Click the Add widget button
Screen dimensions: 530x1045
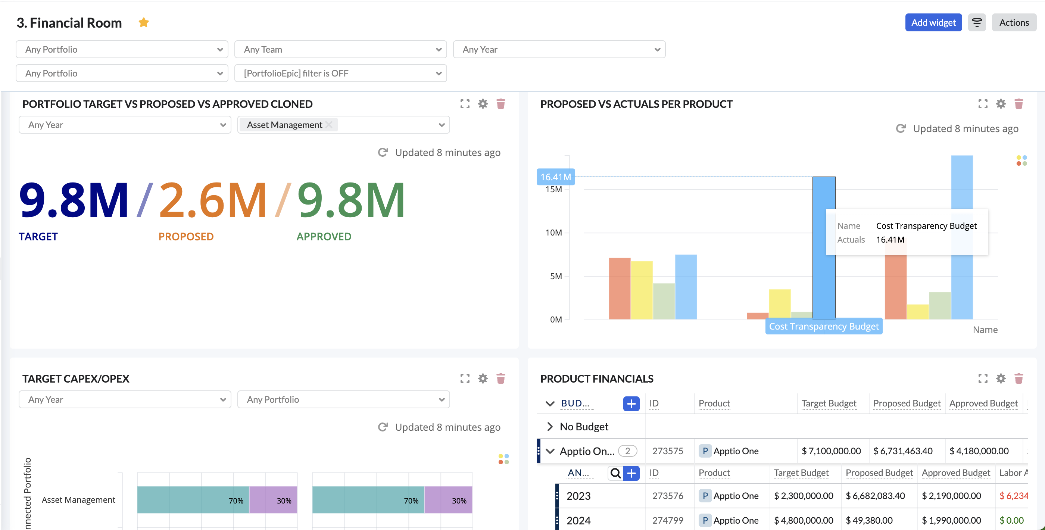pyautogui.click(x=933, y=22)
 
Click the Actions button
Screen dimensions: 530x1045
pyautogui.click(x=1013, y=22)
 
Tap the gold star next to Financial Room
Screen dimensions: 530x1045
pyautogui.click(x=144, y=22)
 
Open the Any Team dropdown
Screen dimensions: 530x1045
pyautogui.click(x=340, y=49)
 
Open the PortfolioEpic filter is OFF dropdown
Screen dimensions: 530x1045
pyautogui.click(x=340, y=73)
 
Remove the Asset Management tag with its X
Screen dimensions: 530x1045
pyautogui.click(x=329, y=125)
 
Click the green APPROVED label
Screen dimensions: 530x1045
pyautogui.click(x=324, y=237)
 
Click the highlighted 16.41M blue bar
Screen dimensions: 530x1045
pyautogui.click(x=824, y=247)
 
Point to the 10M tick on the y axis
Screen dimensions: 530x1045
pyautogui.click(x=553, y=233)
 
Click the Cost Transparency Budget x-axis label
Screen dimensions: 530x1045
pyautogui.click(x=824, y=326)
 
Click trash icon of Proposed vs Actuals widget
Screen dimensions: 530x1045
pyautogui.click(x=1018, y=104)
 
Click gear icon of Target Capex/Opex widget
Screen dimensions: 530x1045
pyautogui.click(x=483, y=378)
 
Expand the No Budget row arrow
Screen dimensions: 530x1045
pyautogui.click(x=550, y=427)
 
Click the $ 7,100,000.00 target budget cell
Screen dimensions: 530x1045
pyautogui.click(x=831, y=451)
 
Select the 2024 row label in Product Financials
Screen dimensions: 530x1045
pyautogui.click(x=578, y=520)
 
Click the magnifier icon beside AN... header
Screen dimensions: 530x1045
pyautogui.click(x=615, y=473)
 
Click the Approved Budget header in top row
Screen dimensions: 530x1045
pyautogui.click(x=983, y=403)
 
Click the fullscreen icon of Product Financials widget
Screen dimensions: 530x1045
pyautogui.click(x=983, y=378)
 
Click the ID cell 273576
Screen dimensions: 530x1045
pyautogui.click(x=667, y=496)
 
